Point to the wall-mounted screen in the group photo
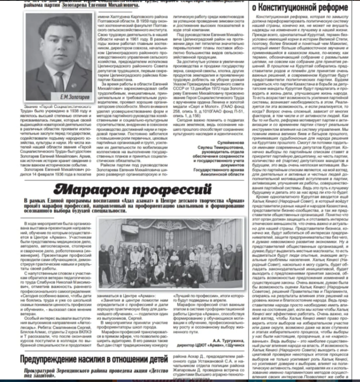130,229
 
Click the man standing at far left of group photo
103,259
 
